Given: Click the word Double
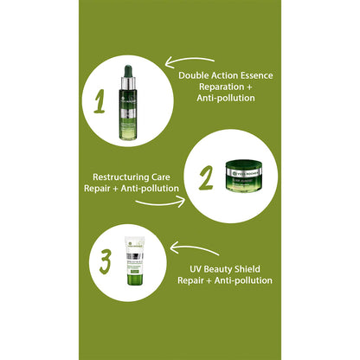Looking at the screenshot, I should coord(196,74).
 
